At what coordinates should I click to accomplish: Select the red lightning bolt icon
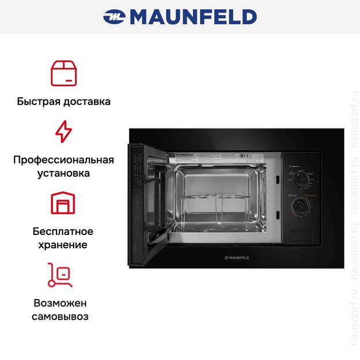[63, 132]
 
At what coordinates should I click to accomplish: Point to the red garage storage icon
[63, 203]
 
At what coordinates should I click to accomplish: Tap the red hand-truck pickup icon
[60, 275]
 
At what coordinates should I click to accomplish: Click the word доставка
[86, 101]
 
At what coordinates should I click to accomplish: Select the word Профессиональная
[63, 160]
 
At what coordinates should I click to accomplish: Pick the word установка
[63, 173]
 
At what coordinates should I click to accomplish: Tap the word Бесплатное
[63, 232]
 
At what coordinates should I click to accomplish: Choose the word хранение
[63, 245]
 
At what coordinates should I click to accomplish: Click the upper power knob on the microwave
[300, 180]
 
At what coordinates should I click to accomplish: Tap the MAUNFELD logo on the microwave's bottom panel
[240, 256]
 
